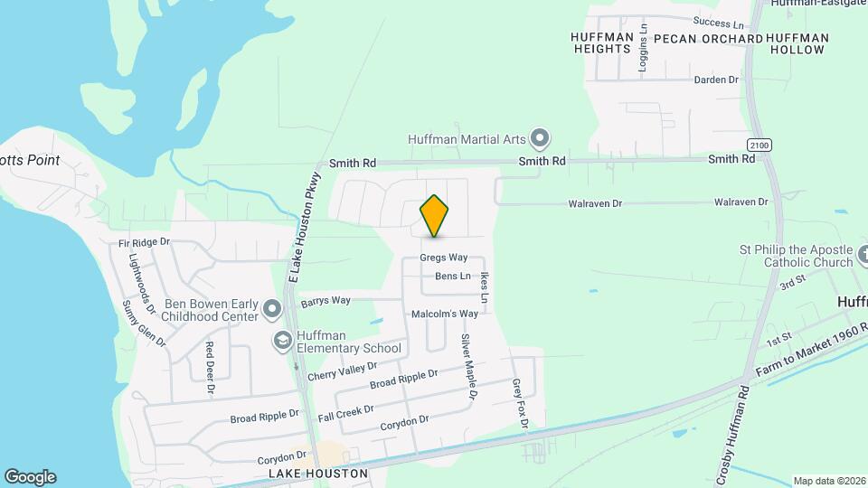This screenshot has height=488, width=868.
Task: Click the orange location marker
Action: point(434,216)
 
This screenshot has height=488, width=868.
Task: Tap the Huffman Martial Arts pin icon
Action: point(540,139)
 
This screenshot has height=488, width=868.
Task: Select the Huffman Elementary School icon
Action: point(283,341)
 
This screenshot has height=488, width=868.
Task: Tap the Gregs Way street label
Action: point(443,258)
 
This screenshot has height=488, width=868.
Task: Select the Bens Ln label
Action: point(453,276)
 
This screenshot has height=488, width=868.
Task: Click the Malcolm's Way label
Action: point(444,314)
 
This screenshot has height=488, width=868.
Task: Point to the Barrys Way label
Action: point(325,300)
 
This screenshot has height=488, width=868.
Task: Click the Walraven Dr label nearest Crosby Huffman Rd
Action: point(741,202)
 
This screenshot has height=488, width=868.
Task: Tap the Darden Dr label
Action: point(716,80)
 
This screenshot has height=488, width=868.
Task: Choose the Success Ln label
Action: point(719,22)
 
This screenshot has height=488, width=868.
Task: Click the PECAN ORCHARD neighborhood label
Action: point(708,39)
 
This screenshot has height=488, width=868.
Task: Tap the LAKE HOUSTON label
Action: point(318,473)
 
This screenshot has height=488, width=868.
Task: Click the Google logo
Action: point(30,476)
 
